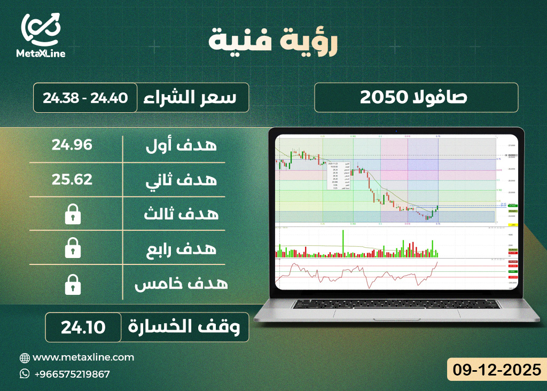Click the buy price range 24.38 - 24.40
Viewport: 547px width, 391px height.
pyautogui.click(x=85, y=98)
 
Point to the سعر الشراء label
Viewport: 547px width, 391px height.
pyautogui.click(x=192, y=98)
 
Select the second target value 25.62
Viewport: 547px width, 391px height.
pyautogui.click(x=72, y=179)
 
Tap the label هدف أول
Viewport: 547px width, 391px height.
pyautogui.click(x=181, y=145)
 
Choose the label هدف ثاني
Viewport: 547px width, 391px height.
pyautogui.click(x=181, y=180)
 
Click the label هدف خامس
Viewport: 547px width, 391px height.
pyautogui.click(x=181, y=284)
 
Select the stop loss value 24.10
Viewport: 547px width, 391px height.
pyautogui.click(x=83, y=326)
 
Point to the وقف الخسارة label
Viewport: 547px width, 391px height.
pyautogui.click(x=187, y=326)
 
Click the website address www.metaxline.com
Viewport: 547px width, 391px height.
pyautogui.click(x=83, y=357)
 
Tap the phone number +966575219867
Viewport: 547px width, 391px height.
pyautogui.click(x=72, y=374)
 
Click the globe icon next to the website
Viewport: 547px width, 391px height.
pyautogui.click(x=25, y=357)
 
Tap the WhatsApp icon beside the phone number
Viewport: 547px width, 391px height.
pyautogui.click(x=25, y=374)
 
